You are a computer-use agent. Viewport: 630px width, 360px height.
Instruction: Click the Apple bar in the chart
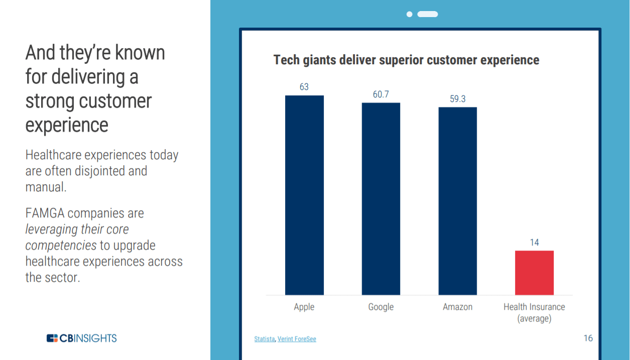(x=304, y=195)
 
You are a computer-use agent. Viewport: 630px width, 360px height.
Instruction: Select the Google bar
(x=381, y=199)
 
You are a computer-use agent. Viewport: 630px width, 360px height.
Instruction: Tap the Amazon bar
(x=458, y=201)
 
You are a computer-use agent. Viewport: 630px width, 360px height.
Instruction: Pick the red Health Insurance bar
(x=535, y=273)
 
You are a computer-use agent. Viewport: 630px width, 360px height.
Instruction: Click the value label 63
(x=304, y=87)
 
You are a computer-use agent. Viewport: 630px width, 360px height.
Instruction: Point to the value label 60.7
(x=381, y=94)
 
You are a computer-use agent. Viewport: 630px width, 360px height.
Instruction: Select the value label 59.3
(x=458, y=99)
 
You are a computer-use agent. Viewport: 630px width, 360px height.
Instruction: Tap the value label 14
(x=535, y=243)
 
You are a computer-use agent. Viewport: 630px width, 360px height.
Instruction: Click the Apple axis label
(x=304, y=307)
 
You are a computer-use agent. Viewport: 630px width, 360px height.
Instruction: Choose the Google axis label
(x=381, y=307)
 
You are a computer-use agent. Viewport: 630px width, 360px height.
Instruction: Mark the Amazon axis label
(x=458, y=307)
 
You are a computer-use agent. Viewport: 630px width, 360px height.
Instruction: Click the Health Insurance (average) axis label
(x=535, y=312)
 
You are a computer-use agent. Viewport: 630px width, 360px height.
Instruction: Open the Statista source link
(x=265, y=339)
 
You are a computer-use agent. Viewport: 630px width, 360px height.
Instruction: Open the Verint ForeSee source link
(x=297, y=339)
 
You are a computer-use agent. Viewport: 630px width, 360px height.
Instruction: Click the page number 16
(x=588, y=338)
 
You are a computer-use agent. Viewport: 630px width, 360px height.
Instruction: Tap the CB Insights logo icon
(x=52, y=338)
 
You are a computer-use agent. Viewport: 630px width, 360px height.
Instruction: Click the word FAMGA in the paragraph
(x=45, y=213)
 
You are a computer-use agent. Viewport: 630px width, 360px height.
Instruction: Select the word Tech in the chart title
(x=287, y=60)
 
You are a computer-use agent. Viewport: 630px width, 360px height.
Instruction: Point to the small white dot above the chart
(x=410, y=14)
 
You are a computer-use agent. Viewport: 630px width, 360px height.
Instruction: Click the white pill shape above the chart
(x=428, y=14)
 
